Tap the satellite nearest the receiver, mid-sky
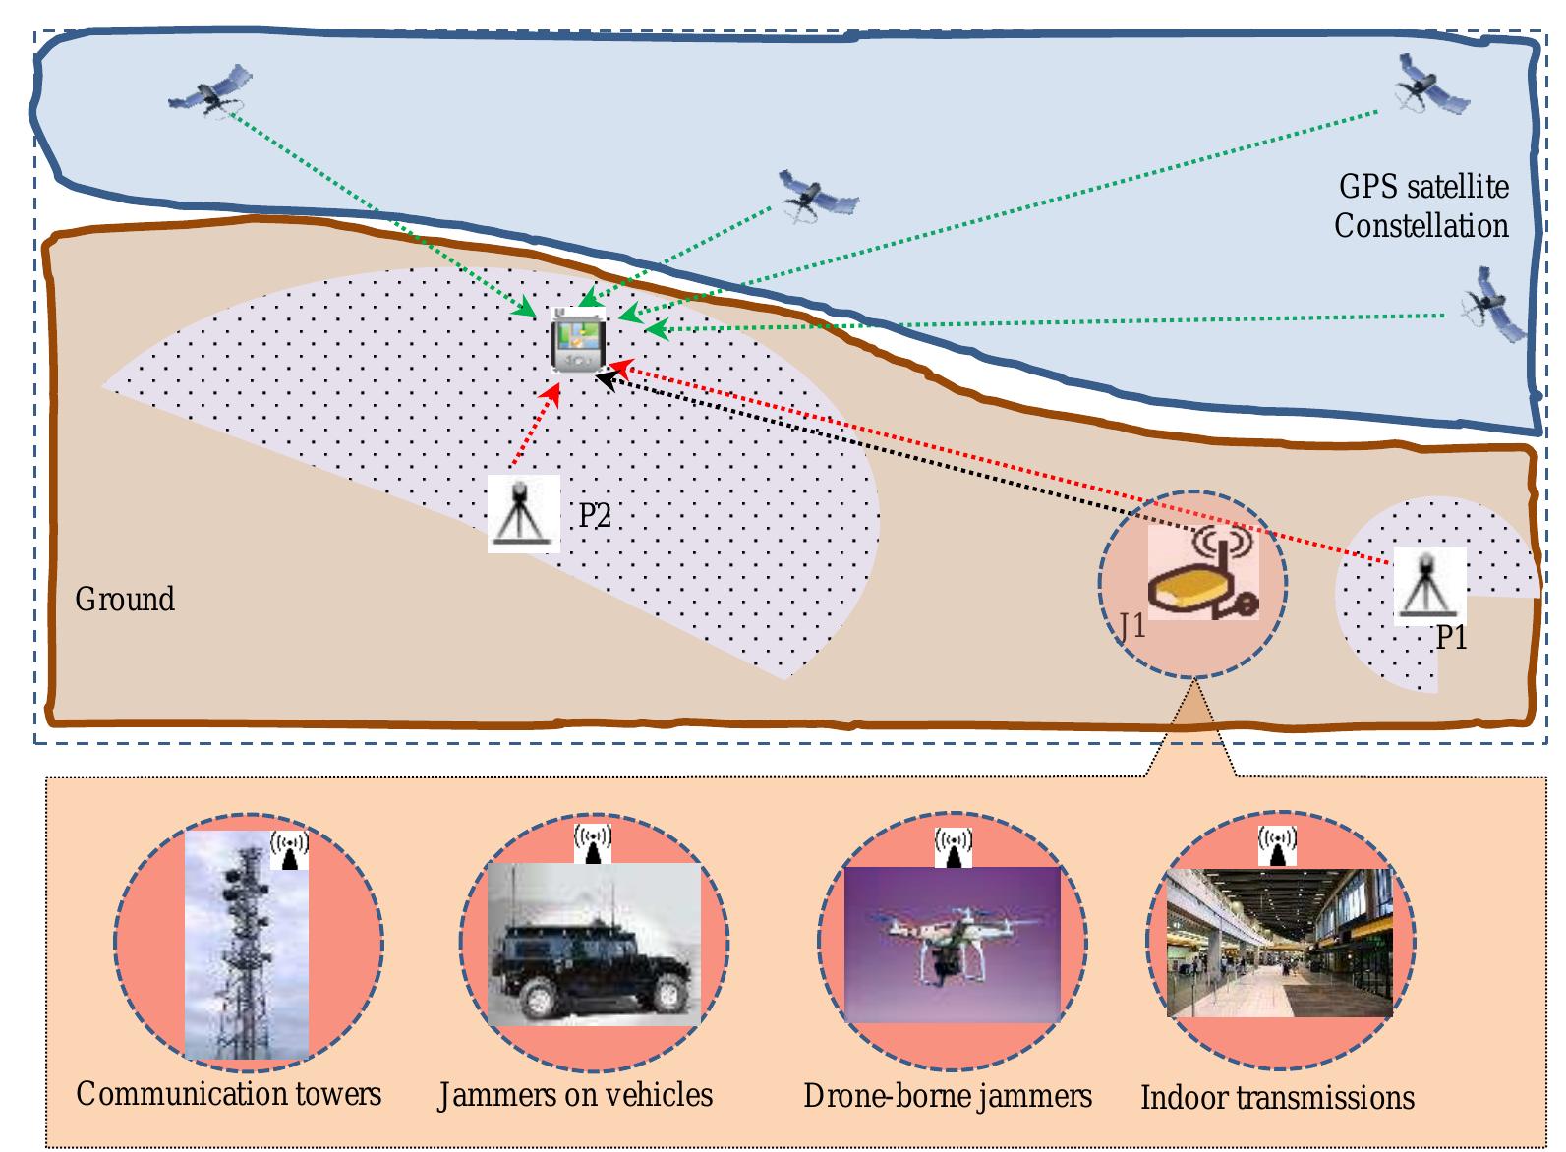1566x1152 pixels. pyautogui.click(x=815, y=197)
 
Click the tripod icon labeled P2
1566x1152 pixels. pyautogui.click(x=523, y=513)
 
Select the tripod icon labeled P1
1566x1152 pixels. pyautogui.click(x=1428, y=587)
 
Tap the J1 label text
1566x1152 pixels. pyautogui.click(x=1131, y=625)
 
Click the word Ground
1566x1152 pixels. pyautogui.click(x=125, y=599)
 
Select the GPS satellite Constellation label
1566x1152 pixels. pyautogui.click(x=1421, y=205)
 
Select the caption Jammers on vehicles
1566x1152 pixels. pyautogui.click(x=575, y=1095)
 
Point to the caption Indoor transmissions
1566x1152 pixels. pyautogui.click(x=1276, y=1098)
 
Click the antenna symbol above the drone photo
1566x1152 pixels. pyautogui.click(x=952, y=846)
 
